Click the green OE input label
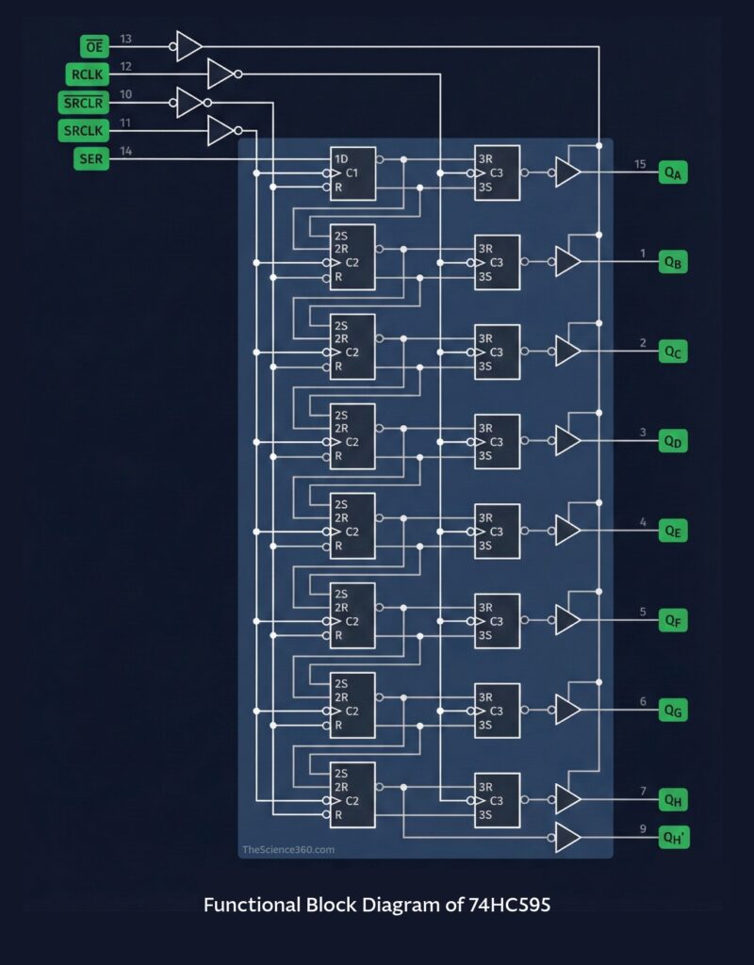95,45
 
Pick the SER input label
91,159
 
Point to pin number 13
126,39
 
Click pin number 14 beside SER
126,152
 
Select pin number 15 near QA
640,165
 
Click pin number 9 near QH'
643,829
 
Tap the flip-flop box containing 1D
352,173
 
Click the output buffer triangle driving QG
567,710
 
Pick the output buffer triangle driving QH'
567,837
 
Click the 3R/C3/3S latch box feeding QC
497,352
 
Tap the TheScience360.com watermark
288,849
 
